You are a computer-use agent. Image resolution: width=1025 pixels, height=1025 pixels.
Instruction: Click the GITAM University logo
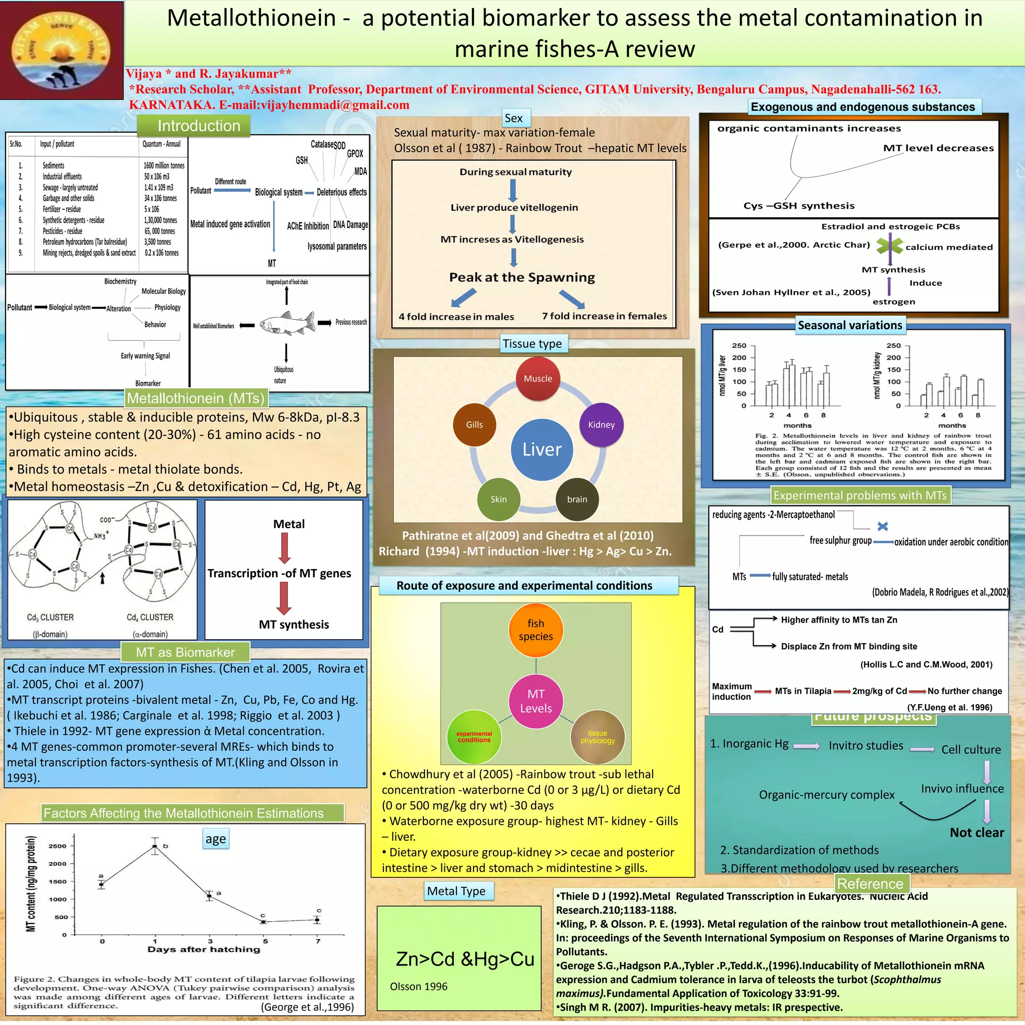[62, 50]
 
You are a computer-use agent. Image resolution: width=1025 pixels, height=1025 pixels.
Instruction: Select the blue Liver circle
[542, 449]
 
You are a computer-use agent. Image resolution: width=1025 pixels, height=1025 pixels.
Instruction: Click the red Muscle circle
[538, 378]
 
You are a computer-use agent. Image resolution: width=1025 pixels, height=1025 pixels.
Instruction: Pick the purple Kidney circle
[601, 424]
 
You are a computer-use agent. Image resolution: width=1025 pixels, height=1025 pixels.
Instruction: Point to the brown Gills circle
[474, 424]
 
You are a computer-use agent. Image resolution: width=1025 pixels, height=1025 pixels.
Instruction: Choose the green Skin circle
[498, 499]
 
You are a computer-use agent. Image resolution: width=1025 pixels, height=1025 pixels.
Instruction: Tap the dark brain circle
[577, 499]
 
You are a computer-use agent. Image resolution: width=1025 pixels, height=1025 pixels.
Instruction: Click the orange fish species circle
[536, 630]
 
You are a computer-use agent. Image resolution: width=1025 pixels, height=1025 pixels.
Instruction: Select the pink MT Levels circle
[536, 701]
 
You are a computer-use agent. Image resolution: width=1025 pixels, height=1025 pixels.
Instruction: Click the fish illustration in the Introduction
[286, 323]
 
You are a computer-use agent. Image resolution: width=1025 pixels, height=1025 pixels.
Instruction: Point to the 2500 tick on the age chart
[57, 846]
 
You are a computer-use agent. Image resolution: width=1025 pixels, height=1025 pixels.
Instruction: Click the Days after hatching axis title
[204, 949]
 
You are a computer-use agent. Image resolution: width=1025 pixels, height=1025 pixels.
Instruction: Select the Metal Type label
[456, 891]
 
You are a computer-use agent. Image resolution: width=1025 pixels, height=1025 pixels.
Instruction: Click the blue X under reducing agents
[882, 527]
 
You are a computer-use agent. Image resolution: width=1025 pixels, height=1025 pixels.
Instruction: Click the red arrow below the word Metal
[284, 548]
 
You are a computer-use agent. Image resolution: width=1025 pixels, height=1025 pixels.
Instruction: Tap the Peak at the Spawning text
[522, 277]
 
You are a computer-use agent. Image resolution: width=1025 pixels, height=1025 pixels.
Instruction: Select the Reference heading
[870, 884]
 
